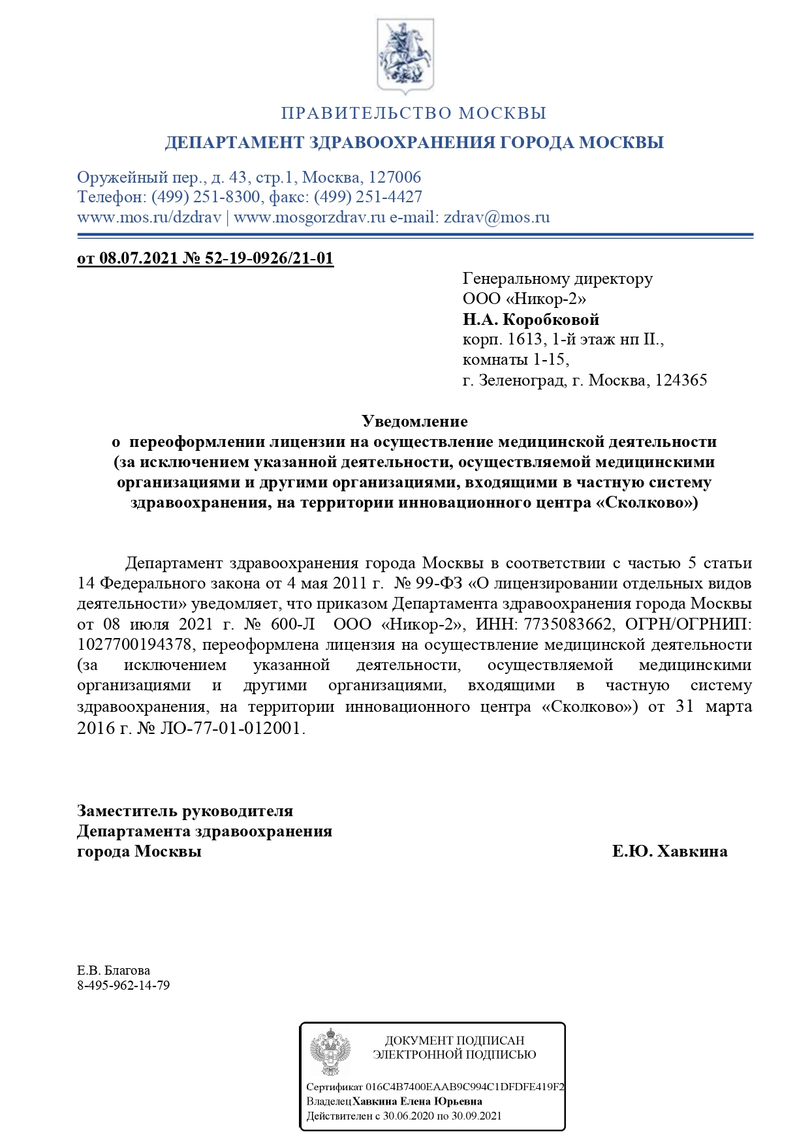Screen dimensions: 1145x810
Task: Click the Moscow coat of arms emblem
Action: tap(405, 55)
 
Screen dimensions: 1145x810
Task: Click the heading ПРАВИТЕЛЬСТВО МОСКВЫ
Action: tap(413, 114)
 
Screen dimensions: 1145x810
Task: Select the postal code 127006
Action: tap(395, 177)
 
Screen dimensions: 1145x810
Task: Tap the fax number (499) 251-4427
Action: tap(368, 197)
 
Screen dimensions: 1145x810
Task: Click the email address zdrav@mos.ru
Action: tap(497, 217)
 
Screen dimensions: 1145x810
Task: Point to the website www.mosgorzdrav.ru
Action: tap(309, 217)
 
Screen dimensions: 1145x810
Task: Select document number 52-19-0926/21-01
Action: tap(269, 258)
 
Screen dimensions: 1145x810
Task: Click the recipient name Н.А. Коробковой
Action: tap(531, 320)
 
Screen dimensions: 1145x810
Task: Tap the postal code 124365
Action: tap(681, 380)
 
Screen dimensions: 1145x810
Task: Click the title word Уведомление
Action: tap(414, 421)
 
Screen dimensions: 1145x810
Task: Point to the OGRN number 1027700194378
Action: tap(134, 645)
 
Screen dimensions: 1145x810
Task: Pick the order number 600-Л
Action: tap(292, 624)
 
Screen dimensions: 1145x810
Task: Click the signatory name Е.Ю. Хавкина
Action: tap(670, 851)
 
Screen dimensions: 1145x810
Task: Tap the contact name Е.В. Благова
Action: tap(114, 970)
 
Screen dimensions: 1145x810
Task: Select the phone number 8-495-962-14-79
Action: tap(123, 985)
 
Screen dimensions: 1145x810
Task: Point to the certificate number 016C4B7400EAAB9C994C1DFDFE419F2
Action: tap(465, 1087)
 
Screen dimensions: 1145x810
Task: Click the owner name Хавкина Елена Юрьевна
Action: tap(417, 1101)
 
